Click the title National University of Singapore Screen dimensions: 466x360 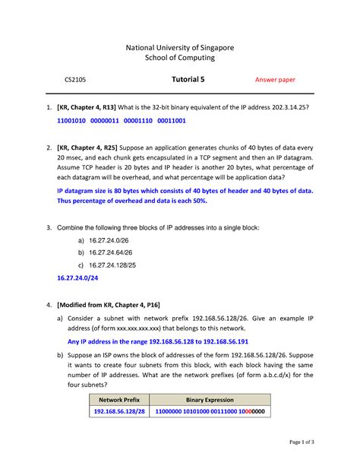point(180,47)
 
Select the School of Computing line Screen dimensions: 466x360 point(180,59)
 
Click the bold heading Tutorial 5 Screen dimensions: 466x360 point(188,80)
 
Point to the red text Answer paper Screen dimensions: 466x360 point(274,80)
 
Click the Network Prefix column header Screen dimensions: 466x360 point(119,399)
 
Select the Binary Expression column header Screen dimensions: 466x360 point(210,399)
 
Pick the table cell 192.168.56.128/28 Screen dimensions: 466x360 point(119,411)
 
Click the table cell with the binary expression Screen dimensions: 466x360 point(210,411)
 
